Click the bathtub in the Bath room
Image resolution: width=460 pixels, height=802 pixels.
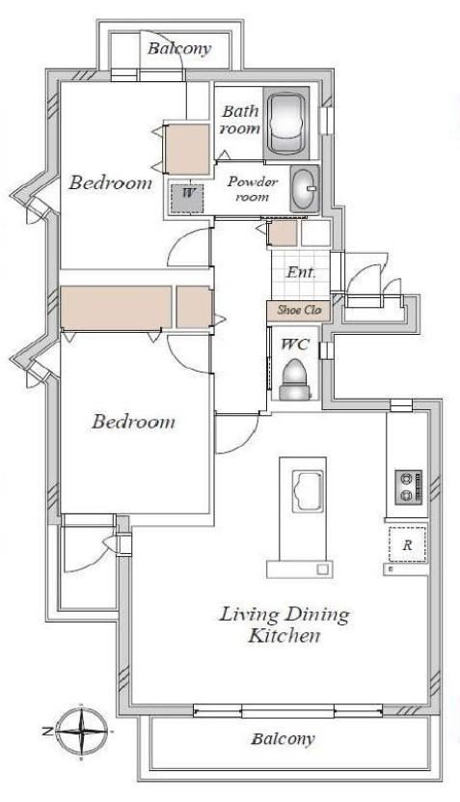tap(286, 123)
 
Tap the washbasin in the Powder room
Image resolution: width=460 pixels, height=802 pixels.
tap(305, 189)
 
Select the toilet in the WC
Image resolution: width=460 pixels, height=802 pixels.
tap(294, 379)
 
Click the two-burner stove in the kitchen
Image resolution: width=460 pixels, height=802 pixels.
tap(409, 487)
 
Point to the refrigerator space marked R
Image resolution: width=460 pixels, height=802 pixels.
tap(407, 544)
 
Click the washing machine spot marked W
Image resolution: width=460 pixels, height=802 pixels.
tap(187, 199)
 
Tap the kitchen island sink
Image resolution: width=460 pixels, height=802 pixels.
tap(308, 491)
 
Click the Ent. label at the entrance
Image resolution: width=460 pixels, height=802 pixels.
tap(301, 272)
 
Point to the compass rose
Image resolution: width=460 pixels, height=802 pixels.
tap(82, 732)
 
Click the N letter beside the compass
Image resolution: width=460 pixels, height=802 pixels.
tap(47, 732)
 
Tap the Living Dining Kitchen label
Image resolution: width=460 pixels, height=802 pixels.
tap(284, 624)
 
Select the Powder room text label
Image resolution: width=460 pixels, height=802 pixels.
tap(253, 188)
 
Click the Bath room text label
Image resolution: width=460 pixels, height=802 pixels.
tap(240, 120)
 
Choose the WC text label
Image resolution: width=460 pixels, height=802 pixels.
tap(295, 345)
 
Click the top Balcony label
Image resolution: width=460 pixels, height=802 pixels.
tap(179, 49)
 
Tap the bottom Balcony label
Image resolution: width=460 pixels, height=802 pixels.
tap(283, 739)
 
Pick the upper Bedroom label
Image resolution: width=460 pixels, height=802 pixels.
tap(110, 182)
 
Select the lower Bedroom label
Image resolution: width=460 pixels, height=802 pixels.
tap(133, 422)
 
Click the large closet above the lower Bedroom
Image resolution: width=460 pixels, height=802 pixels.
tap(116, 307)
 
